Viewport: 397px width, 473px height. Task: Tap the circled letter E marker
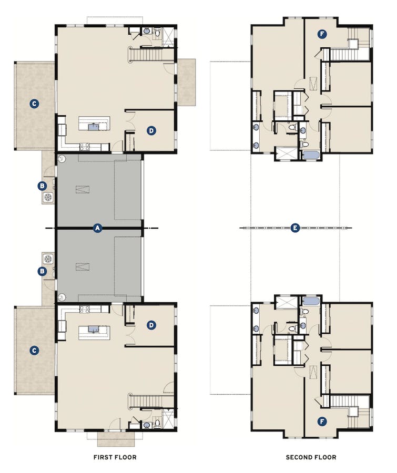point(295,228)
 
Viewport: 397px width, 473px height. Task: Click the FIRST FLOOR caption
point(115,457)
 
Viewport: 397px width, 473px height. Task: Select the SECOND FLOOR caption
point(311,457)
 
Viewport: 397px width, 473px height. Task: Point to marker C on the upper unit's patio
point(34,104)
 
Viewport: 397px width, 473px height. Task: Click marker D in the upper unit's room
point(151,130)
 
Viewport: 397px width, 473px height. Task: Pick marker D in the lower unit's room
point(151,325)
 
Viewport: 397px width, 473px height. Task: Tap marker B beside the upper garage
point(42,185)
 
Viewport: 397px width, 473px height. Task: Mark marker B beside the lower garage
point(42,271)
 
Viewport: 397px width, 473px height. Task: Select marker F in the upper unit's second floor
point(322,35)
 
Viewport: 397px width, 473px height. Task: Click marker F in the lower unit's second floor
point(322,421)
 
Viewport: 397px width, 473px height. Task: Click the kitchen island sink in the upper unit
point(94,126)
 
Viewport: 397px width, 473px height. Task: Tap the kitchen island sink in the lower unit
point(94,330)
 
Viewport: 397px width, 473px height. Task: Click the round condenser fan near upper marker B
point(48,198)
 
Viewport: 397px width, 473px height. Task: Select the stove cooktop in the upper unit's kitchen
point(84,147)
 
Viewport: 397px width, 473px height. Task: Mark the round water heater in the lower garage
point(62,297)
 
